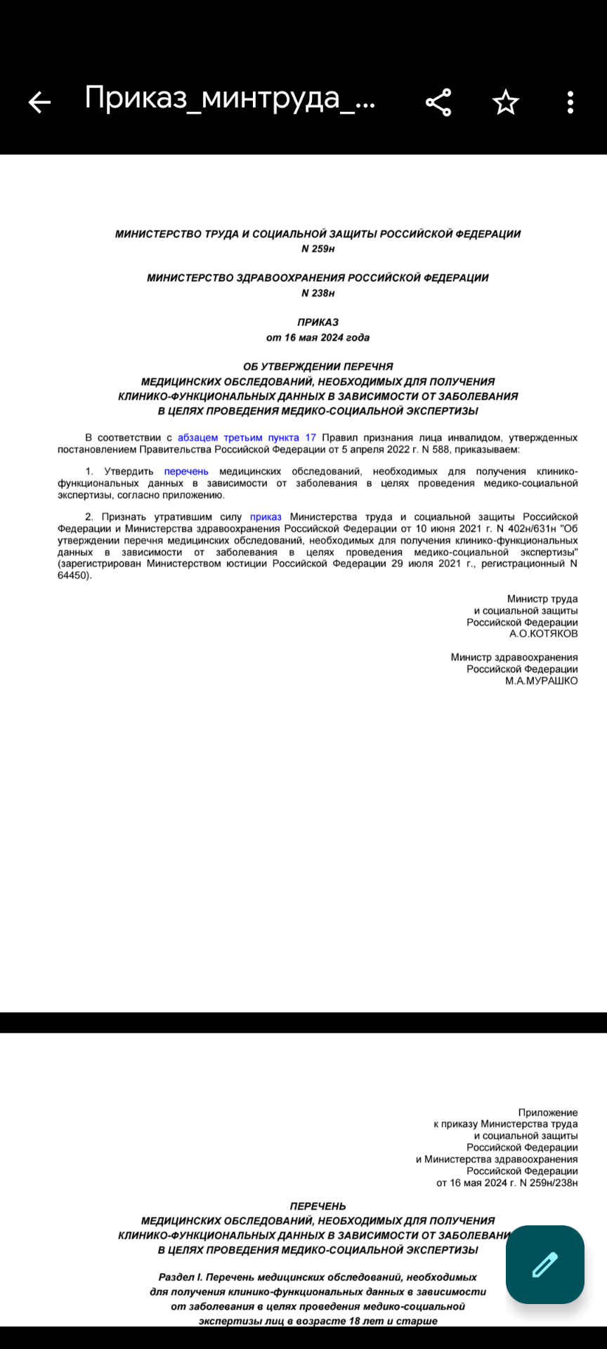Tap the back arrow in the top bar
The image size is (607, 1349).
pos(39,103)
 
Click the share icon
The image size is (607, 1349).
pos(438,103)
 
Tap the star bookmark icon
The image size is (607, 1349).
pos(505,103)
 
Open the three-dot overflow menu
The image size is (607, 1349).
pos(570,103)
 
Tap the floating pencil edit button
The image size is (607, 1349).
pos(545,1265)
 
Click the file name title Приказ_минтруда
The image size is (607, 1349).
pos(230,98)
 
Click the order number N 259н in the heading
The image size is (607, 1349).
pos(318,249)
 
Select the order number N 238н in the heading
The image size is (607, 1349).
pos(318,293)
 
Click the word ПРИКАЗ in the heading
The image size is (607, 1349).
pos(318,322)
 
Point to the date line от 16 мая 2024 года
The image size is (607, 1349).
pos(318,337)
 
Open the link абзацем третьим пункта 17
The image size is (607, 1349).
pos(247,438)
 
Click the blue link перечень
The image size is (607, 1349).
pos(186,471)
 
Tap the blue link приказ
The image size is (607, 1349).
pos(266,517)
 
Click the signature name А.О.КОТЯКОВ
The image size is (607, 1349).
pos(543,634)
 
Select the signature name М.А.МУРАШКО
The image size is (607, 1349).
pos(541,681)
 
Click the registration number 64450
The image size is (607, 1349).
pos(73,575)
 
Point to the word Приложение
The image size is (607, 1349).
pos(547,1112)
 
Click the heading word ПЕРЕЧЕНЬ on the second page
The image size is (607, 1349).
pos(318,1206)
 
